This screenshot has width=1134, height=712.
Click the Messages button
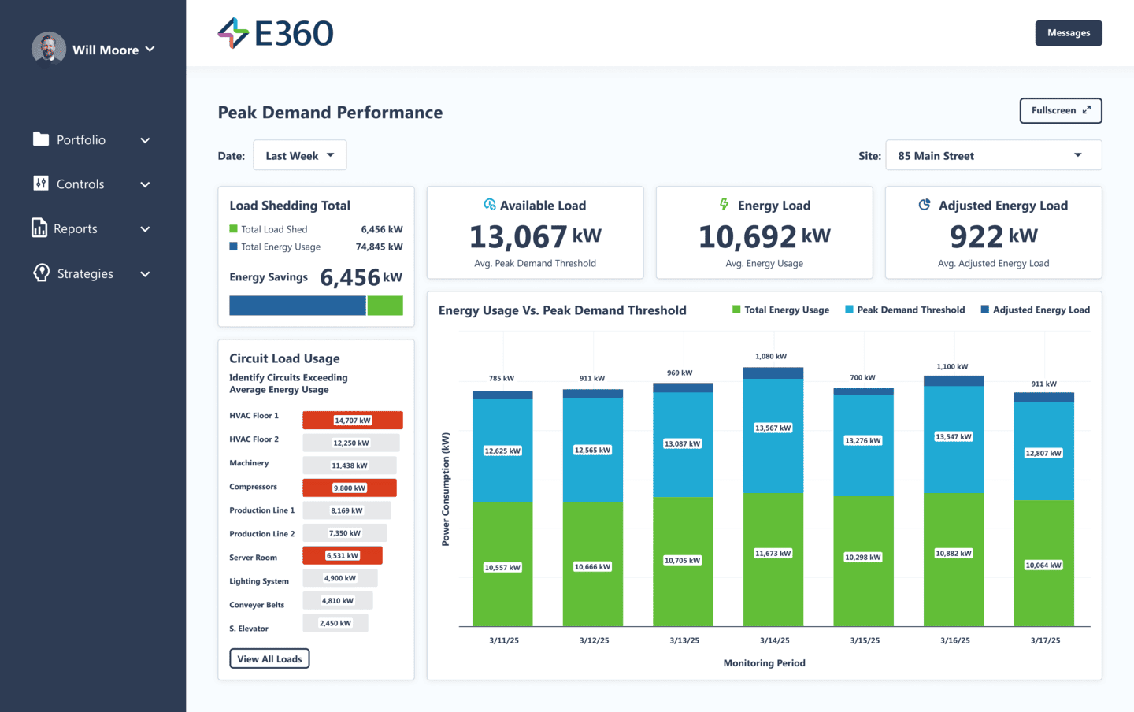[x=1068, y=33]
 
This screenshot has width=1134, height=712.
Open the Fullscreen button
[x=1060, y=111]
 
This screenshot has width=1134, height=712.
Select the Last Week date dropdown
[x=299, y=156]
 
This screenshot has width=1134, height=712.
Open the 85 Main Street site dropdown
[x=992, y=156]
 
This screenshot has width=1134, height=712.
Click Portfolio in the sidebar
[x=81, y=140]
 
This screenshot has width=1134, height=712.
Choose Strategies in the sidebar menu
[x=85, y=274]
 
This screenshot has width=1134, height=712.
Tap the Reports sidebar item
[x=76, y=229]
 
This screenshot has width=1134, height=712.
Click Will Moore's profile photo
[x=49, y=49]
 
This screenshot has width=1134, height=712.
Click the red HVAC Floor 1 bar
[x=353, y=421]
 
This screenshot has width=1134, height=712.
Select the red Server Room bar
[x=343, y=556]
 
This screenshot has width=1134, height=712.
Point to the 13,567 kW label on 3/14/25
[x=773, y=428]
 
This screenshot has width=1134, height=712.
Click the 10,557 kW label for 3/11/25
[x=502, y=568]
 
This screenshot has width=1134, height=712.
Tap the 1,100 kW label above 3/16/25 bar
[x=952, y=367]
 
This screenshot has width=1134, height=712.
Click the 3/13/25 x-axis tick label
[x=684, y=641]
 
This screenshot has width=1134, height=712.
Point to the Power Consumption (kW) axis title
[x=446, y=489]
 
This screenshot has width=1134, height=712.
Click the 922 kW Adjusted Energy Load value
[x=993, y=236]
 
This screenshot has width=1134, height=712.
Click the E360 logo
[x=276, y=33]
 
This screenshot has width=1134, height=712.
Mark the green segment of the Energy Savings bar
[x=385, y=306]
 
